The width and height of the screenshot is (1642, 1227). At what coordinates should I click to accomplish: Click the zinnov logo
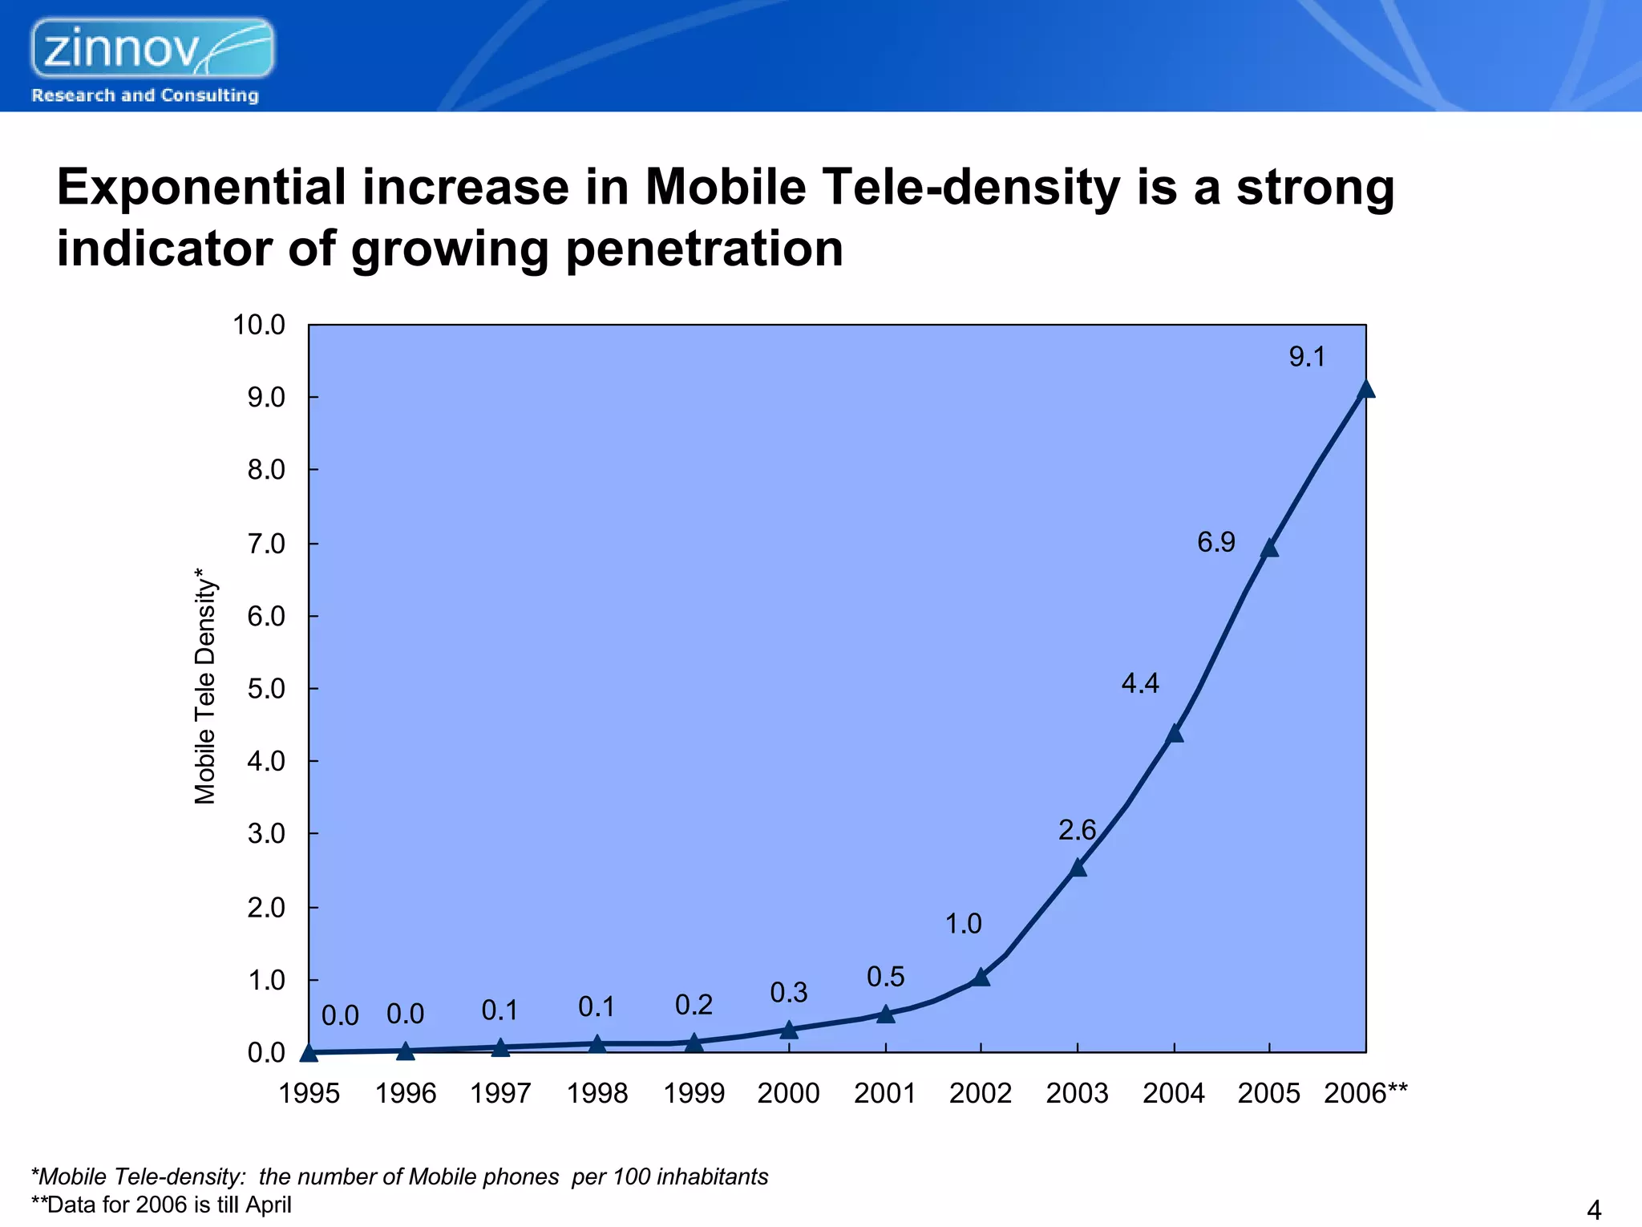(x=152, y=48)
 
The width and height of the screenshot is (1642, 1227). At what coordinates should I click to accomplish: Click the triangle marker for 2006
(x=1365, y=390)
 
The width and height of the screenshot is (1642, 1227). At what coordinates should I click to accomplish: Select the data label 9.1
(x=1306, y=357)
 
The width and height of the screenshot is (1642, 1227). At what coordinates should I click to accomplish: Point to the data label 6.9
(x=1215, y=543)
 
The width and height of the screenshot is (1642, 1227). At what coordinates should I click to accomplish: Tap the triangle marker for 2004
(x=1174, y=734)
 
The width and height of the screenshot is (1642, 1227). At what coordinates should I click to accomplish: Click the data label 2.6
(x=1076, y=830)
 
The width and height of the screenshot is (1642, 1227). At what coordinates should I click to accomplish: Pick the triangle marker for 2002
(x=981, y=977)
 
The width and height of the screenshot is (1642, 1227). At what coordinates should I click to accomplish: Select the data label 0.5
(x=885, y=977)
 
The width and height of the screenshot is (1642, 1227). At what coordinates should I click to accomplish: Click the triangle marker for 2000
(x=789, y=1030)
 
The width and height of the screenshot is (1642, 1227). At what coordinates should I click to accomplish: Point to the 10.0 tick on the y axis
(x=258, y=325)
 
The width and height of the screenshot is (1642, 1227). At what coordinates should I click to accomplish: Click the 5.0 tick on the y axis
(x=265, y=689)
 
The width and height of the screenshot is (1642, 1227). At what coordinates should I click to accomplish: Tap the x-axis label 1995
(x=309, y=1093)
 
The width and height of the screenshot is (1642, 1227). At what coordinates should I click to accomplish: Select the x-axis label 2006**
(x=1365, y=1093)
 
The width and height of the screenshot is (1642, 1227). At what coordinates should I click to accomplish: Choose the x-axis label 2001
(x=884, y=1093)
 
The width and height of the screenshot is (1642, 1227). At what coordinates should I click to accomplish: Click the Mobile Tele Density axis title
(x=205, y=686)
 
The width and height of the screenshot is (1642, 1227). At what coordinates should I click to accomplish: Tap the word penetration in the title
(x=704, y=249)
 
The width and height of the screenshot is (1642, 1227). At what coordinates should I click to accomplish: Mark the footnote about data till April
(x=161, y=1205)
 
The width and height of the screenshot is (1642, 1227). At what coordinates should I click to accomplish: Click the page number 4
(x=1594, y=1209)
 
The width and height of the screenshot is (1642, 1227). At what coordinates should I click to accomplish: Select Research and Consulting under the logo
(x=145, y=95)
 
